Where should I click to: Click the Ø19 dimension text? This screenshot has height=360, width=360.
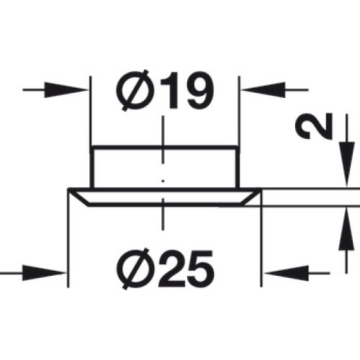(x=164, y=91)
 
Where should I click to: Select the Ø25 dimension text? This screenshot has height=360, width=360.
(x=165, y=269)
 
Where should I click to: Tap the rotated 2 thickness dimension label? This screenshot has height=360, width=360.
(x=314, y=126)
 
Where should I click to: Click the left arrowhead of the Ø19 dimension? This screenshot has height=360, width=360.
(x=66, y=90)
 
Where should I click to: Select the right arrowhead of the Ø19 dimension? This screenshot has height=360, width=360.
(x=264, y=90)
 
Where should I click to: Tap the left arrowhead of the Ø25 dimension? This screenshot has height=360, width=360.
(x=44, y=273)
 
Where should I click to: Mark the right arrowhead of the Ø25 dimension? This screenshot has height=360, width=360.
(x=286, y=273)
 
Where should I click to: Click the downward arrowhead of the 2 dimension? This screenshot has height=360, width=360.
(x=346, y=164)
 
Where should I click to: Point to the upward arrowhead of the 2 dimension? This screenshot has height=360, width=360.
(x=346, y=230)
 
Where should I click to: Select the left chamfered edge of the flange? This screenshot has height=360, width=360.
(x=78, y=197)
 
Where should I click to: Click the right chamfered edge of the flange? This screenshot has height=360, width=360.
(x=253, y=197)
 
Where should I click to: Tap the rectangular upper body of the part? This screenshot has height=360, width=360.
(x=165, y=166)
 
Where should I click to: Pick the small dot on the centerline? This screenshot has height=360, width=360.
(x=163, y=181)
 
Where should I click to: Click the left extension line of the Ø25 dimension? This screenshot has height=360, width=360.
(x=68, y=238)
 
